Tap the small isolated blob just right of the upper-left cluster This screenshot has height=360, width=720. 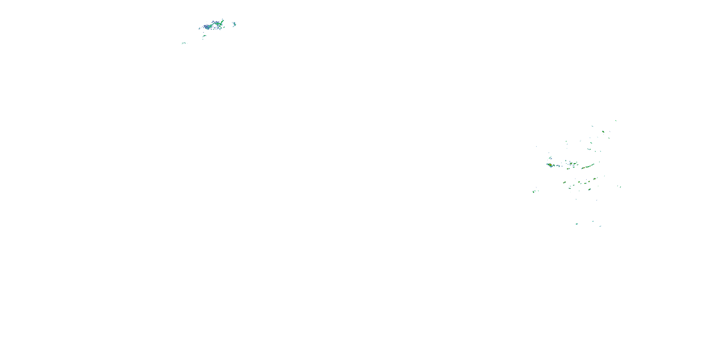[234, 24]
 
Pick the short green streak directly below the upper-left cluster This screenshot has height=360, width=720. [204, 36]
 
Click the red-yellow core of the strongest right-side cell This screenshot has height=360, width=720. [550, 165]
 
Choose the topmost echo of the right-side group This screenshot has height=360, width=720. [616, 121]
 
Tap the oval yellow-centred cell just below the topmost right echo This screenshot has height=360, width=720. [603, 131]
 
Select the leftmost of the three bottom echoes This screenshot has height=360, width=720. [577, 224]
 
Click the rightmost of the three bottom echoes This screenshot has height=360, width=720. [600, 226]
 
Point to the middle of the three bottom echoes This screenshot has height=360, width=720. [593, 221]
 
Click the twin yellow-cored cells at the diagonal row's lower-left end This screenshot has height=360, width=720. [564, 182]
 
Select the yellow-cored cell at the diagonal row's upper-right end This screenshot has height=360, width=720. [594, 178]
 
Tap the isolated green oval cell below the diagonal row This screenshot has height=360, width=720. [589, 189]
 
